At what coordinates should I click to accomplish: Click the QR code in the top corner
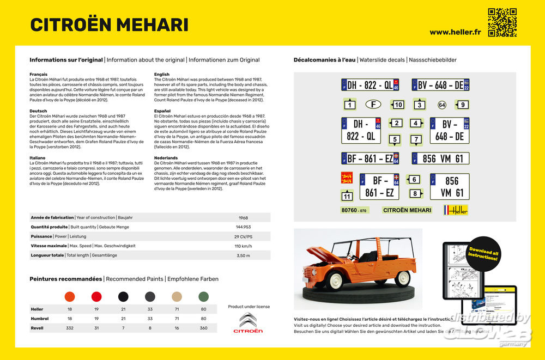(x=502, y=22)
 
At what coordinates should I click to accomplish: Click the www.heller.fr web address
(x=455, y=32)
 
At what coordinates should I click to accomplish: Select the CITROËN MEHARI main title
(x=110, y=25)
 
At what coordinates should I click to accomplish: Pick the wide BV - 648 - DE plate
(x=440, y=85)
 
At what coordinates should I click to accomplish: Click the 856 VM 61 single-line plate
(x=440, y=158)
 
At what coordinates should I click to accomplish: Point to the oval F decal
(x=373, y=104)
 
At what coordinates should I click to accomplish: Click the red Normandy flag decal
(x=347, y=178)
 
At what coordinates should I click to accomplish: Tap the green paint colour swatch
(x=203, y=297)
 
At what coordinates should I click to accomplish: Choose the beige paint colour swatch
(x=177, y=297)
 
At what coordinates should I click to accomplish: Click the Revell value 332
(x=70, y=328)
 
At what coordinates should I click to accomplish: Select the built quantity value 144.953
(x=243, y=227)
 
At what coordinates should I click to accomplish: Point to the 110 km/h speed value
(x=243, y=246)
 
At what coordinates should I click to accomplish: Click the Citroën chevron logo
(x=248, y=320)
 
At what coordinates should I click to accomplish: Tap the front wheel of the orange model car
(x=335, y=280)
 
